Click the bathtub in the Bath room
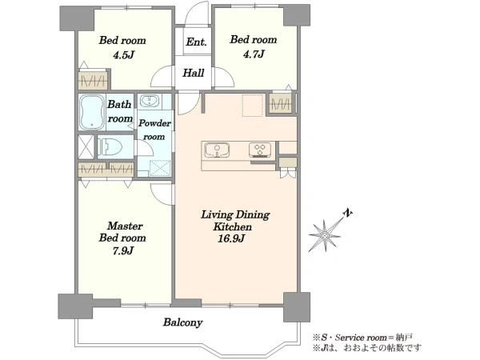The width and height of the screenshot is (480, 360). point(91,112)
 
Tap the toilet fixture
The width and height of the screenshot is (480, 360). point(110,146)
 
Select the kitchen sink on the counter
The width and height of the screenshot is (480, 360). point(217,150)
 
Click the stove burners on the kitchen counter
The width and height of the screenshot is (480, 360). point(260,150)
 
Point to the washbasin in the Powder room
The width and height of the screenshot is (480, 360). point(149,101)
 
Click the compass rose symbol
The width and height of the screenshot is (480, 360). point(325,235)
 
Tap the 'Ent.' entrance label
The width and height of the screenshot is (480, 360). point(196,42)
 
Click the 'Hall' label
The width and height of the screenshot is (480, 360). point(194,73)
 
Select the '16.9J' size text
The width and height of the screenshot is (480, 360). point(231,238)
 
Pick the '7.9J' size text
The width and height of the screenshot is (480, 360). point(122,250)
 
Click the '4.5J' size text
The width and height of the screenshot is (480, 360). point(124,55)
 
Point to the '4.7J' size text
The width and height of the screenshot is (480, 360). point(254,54)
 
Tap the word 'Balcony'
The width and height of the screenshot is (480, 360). point(182,322)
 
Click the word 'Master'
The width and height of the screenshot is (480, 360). point(126,226)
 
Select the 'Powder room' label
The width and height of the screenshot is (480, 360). point(154,130)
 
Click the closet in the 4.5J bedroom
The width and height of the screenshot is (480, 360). point(93,81)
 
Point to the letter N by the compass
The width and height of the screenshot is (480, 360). point(347,213)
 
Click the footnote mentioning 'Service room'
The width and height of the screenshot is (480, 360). point(362,338)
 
